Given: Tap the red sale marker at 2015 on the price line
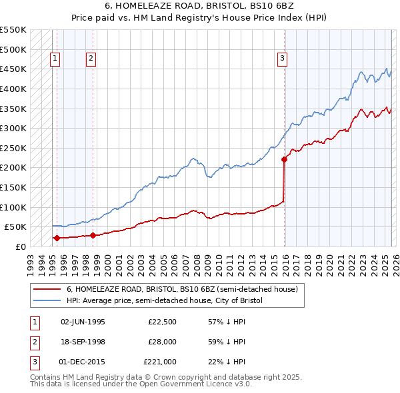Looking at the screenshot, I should click(284, 159).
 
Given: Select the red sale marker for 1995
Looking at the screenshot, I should click(57, 238).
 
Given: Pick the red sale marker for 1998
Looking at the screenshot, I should click(93, 235).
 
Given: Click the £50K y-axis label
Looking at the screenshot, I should click(15, 227).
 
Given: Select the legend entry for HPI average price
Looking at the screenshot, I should click(165, 300).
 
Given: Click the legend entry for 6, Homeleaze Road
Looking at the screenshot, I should click(185, 289).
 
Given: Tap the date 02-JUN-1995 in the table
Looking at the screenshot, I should click(83, 322).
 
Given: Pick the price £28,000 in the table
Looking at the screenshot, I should click(160, 342).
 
